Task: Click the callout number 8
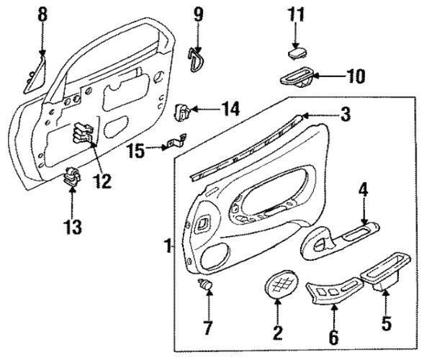tap(42, 14)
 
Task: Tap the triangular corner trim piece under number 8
tap(35, 76)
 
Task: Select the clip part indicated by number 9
tap(196, 60)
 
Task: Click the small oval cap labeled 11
tap(297, 53)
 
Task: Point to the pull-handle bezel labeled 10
tap(297, 77)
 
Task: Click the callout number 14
tap(230, 109)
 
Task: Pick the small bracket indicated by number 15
tap(177, 141)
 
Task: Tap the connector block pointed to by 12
tap(82, 133)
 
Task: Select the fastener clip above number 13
tap(71, 176)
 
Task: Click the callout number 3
tap(345, 114)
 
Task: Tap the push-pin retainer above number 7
tap(206, 284)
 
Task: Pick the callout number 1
tap(167, 246)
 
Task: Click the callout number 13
tap(73, 228)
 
